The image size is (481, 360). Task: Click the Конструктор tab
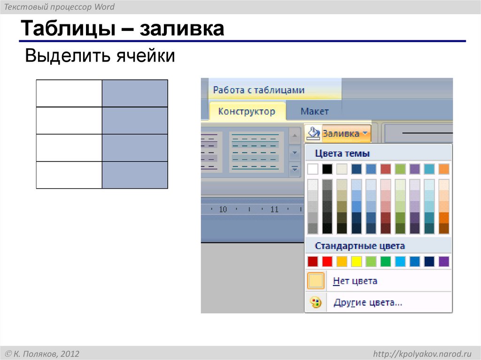click(247, 112)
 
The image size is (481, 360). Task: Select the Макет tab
click(314, 112)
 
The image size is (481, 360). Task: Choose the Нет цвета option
click(355, 281)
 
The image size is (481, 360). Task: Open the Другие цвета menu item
click(367, 303)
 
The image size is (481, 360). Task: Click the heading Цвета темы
click(342, 153)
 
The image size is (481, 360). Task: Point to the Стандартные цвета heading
click(359, 246)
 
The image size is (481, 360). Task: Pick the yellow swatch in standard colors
click(357, 261)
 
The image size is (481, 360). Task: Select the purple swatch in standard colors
click(443, 261)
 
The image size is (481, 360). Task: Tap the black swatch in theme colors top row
click(327, 169)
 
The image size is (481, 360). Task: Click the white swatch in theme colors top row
click(313, 169)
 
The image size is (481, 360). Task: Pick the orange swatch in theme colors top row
click(443, 169)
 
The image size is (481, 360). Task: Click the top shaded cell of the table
click(135, 93)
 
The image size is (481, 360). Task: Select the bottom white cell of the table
click(69, 175)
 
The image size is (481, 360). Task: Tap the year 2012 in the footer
click(70, 353)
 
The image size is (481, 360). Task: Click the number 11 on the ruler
click(275, 209)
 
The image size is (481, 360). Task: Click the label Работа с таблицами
click(259, 90)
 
